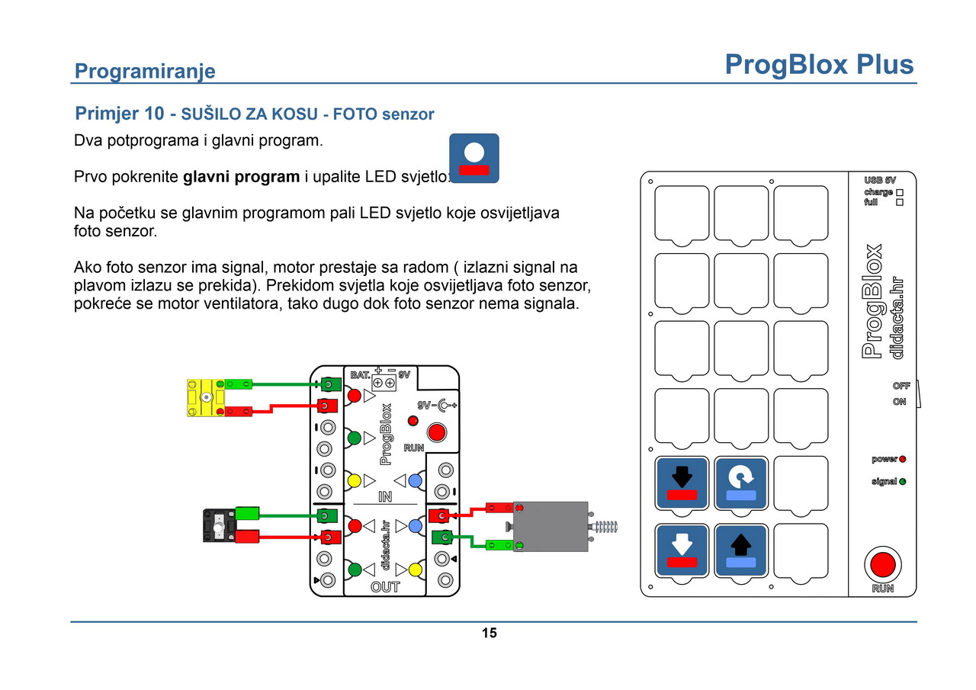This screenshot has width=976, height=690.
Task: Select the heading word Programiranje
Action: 145,72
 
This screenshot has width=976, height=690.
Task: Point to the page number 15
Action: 489,633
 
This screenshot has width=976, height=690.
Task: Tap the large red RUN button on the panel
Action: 883,565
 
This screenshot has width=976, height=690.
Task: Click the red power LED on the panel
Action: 902,460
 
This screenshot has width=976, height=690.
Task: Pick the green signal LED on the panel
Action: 902,482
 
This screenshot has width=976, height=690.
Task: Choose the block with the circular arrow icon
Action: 741,483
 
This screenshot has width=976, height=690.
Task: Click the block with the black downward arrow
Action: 682,483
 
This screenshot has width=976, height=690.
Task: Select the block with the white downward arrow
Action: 682,550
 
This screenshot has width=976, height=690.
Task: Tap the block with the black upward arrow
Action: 741,550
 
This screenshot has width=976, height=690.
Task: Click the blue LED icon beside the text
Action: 474,158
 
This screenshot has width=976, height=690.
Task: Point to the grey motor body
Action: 550,526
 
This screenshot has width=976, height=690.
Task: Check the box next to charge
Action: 900,193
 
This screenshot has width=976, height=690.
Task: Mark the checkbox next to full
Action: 900,203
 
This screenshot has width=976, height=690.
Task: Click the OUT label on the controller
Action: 385,587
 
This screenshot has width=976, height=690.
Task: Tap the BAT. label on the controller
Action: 360,375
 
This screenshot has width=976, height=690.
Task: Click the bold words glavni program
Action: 242,178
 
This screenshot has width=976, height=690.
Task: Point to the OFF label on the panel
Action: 901,387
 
